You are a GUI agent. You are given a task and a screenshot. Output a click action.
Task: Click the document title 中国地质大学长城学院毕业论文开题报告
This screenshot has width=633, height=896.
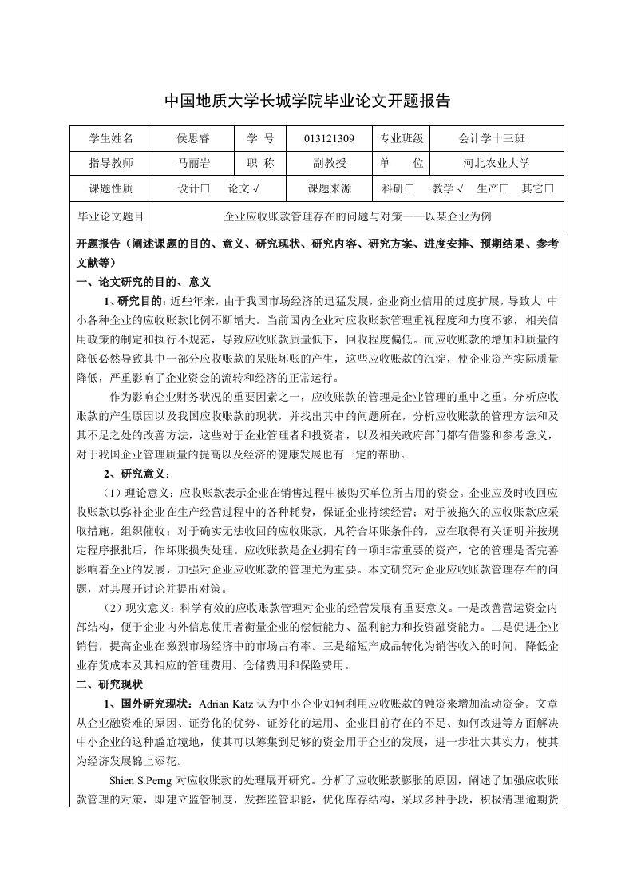307,101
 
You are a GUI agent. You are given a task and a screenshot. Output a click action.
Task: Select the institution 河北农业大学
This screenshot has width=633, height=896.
496,164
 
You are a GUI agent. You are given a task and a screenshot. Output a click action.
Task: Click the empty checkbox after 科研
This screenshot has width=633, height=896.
409,190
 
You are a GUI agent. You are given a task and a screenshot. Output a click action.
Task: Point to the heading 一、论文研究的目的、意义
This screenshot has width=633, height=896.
142,283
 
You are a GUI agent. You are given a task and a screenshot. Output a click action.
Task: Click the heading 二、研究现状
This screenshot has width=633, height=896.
109,684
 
